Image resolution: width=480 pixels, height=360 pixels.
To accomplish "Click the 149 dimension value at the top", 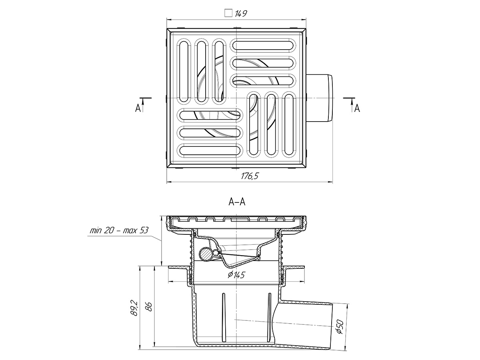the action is tap(241, 14).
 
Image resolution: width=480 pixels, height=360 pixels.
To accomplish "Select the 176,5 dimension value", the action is tap(250, 176).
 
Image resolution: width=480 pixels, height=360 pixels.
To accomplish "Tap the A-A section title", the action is tap(237, 202).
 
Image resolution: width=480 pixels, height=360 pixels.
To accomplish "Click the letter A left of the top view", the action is tap(138, 108).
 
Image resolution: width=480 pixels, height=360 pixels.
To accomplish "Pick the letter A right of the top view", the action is tap(357, 108).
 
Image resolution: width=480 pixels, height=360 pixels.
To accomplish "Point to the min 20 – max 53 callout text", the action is tap(119, 230).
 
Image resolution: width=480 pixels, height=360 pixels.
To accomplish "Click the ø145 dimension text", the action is tap(236, 275).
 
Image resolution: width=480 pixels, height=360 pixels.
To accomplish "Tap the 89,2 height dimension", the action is tap(134, 308).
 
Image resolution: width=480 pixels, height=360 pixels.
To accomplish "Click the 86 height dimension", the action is tap(149, 307).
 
